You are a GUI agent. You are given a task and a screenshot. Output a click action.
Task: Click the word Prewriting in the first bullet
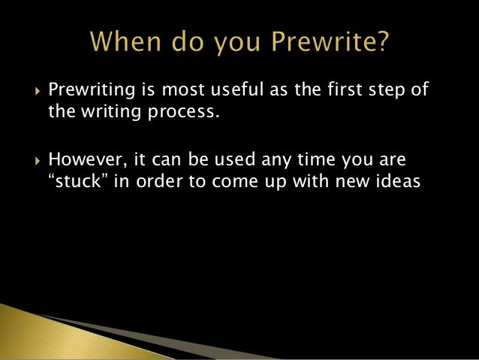point(88,92)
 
